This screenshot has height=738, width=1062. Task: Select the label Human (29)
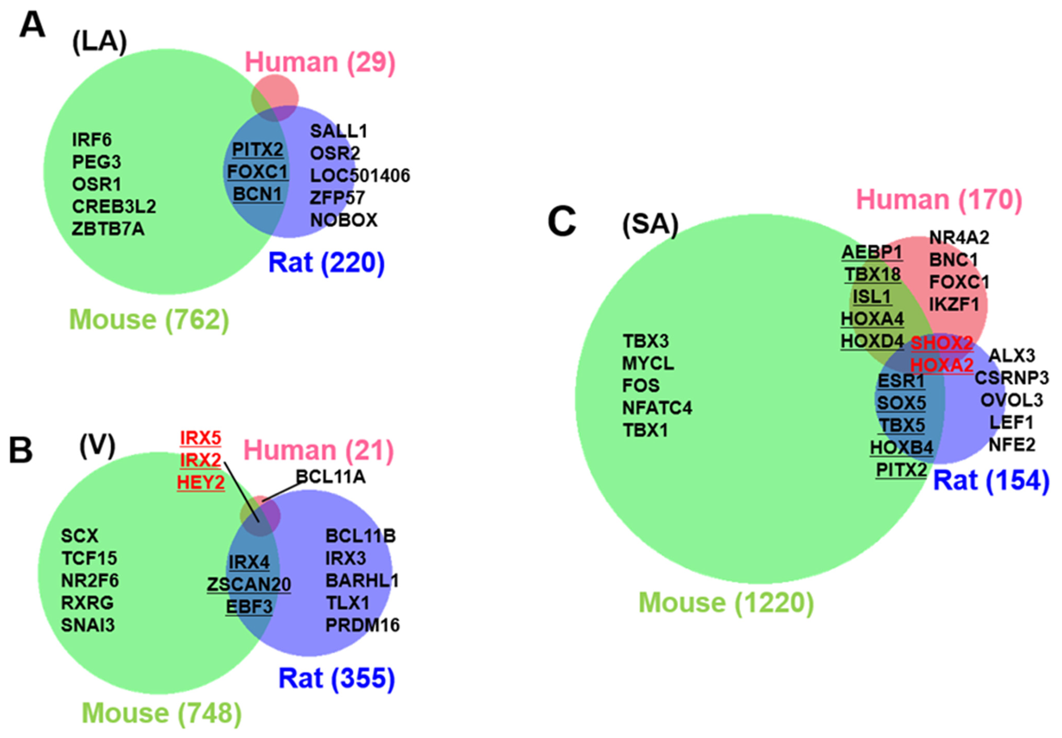[x=320, y=62]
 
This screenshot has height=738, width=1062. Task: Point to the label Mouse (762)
[x=149, y=319]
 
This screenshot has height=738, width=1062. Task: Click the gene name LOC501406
[x=360, y=176]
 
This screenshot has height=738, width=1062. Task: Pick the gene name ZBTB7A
[x=108, y=229]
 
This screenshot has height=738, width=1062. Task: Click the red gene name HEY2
[x=201, y=482]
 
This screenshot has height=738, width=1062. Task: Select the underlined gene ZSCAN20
[x=249, y=585]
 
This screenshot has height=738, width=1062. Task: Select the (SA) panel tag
[x=650, y=225]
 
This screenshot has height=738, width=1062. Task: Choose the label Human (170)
[x=939, y=200]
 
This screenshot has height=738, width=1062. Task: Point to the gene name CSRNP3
[x=1011, y=378]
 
